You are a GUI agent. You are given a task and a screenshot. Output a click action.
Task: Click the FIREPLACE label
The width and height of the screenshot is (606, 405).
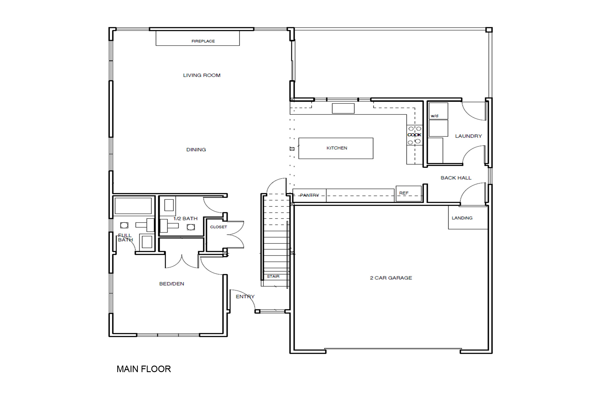tap(203, 41)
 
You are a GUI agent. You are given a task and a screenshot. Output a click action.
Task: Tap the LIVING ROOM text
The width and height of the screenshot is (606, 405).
tap(202, 75)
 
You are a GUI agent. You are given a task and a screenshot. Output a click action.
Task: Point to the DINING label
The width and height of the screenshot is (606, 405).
tap(196, 150)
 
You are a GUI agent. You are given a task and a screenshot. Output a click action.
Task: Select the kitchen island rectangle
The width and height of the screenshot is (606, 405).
tap(336, 148)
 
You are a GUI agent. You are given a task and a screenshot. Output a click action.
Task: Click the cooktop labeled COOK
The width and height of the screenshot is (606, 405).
tap(415, 135)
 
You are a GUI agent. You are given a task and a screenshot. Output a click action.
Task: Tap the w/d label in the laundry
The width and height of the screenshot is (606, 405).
tap(435, 116)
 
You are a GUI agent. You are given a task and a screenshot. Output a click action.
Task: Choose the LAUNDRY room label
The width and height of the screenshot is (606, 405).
tap(468, 136)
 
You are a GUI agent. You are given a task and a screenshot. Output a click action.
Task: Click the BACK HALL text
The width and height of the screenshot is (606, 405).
tap(456, 178)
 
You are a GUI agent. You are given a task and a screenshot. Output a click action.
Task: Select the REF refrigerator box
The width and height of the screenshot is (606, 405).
tap(409, 193)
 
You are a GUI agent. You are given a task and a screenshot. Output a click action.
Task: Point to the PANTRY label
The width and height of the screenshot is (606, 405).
tap(310, 195)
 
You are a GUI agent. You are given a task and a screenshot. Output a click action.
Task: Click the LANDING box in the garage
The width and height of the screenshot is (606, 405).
tap(468, 218)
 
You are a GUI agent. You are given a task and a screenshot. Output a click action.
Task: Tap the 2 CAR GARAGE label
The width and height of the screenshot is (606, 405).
tap(391, 278)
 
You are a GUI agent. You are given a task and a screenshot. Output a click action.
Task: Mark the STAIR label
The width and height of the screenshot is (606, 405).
tap(273, 276)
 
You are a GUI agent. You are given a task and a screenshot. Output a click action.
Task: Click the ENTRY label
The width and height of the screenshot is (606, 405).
tap(245, 297)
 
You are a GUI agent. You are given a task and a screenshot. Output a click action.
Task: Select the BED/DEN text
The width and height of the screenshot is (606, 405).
tap(172, 284)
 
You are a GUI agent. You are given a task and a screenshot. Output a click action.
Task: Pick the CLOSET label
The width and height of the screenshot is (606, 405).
tap(219, 227)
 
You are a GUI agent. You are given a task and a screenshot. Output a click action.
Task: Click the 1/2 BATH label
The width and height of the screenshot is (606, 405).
tap(186, 219)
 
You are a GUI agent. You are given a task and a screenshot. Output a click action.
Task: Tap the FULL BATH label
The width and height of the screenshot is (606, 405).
tap(125, 238)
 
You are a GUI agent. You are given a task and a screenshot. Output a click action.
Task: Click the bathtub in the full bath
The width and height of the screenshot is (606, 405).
tap(133, 206)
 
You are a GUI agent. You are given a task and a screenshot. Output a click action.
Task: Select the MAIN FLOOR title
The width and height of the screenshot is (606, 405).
tap(144, 369)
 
